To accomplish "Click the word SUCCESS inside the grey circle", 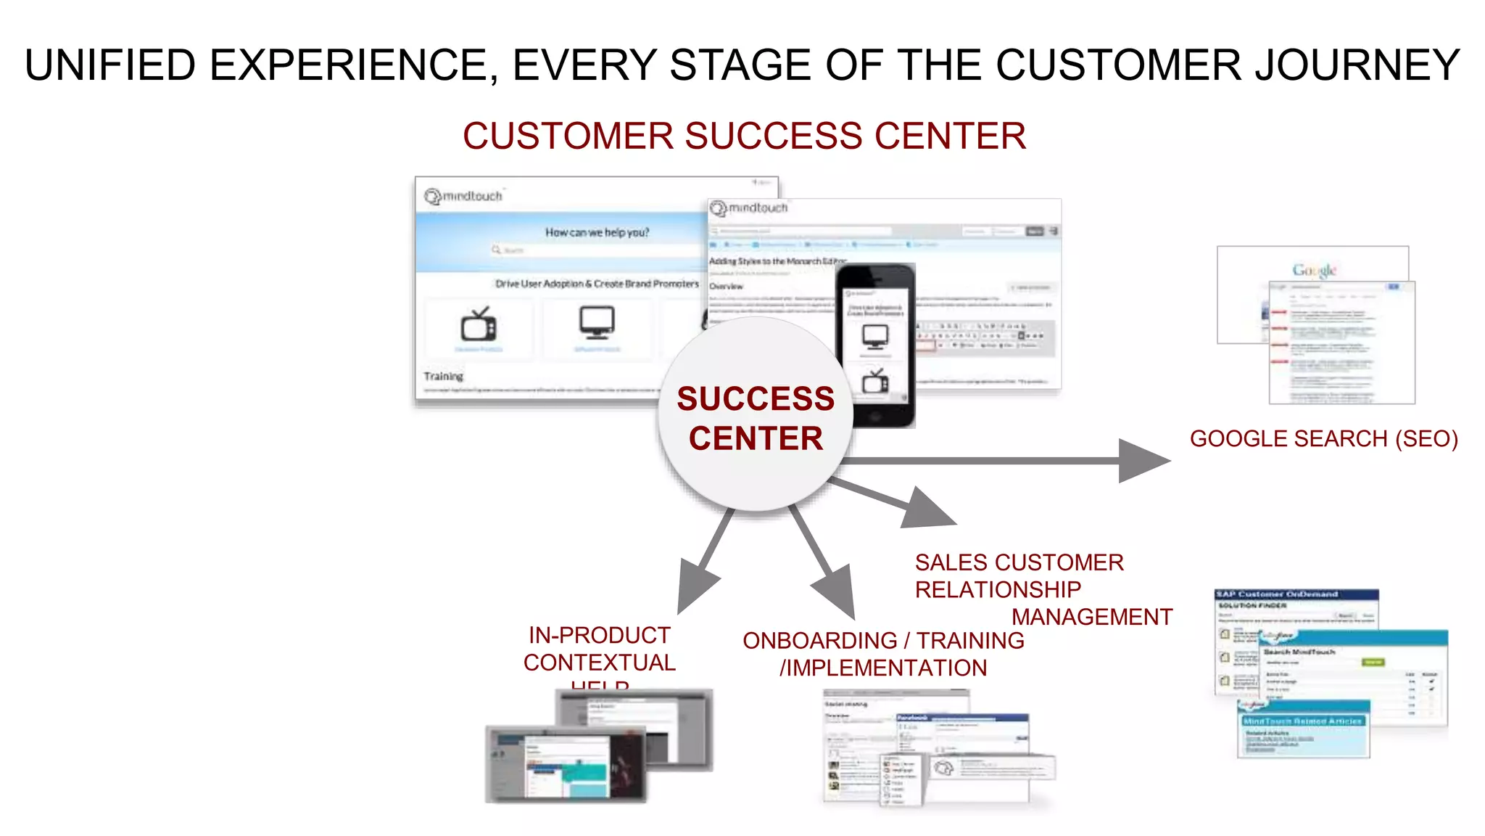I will click(756, 399).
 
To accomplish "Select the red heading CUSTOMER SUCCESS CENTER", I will click(744, 136).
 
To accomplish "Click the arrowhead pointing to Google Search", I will click(1142, 461).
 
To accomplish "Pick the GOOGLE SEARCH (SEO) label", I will click(1323, 439).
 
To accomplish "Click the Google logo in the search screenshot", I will click(1314, 270).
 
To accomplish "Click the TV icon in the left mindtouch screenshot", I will click(479, 324).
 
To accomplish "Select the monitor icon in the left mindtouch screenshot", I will click(597, 322).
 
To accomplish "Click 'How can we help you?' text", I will click(597, 232).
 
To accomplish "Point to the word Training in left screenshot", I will click(443, 376).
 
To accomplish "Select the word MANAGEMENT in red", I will click(1091, 617).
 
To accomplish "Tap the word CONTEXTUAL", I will click(599, 663).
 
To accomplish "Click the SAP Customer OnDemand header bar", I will click(1296, 594).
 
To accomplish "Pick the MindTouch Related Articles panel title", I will click(1303, 721).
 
